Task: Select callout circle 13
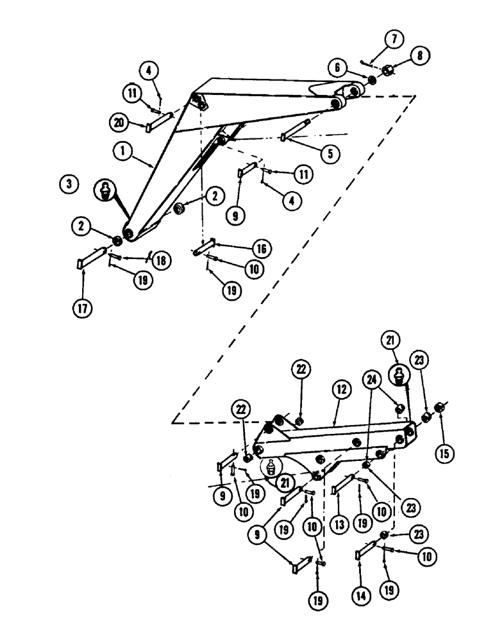340,525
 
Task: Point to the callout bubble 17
83,308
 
